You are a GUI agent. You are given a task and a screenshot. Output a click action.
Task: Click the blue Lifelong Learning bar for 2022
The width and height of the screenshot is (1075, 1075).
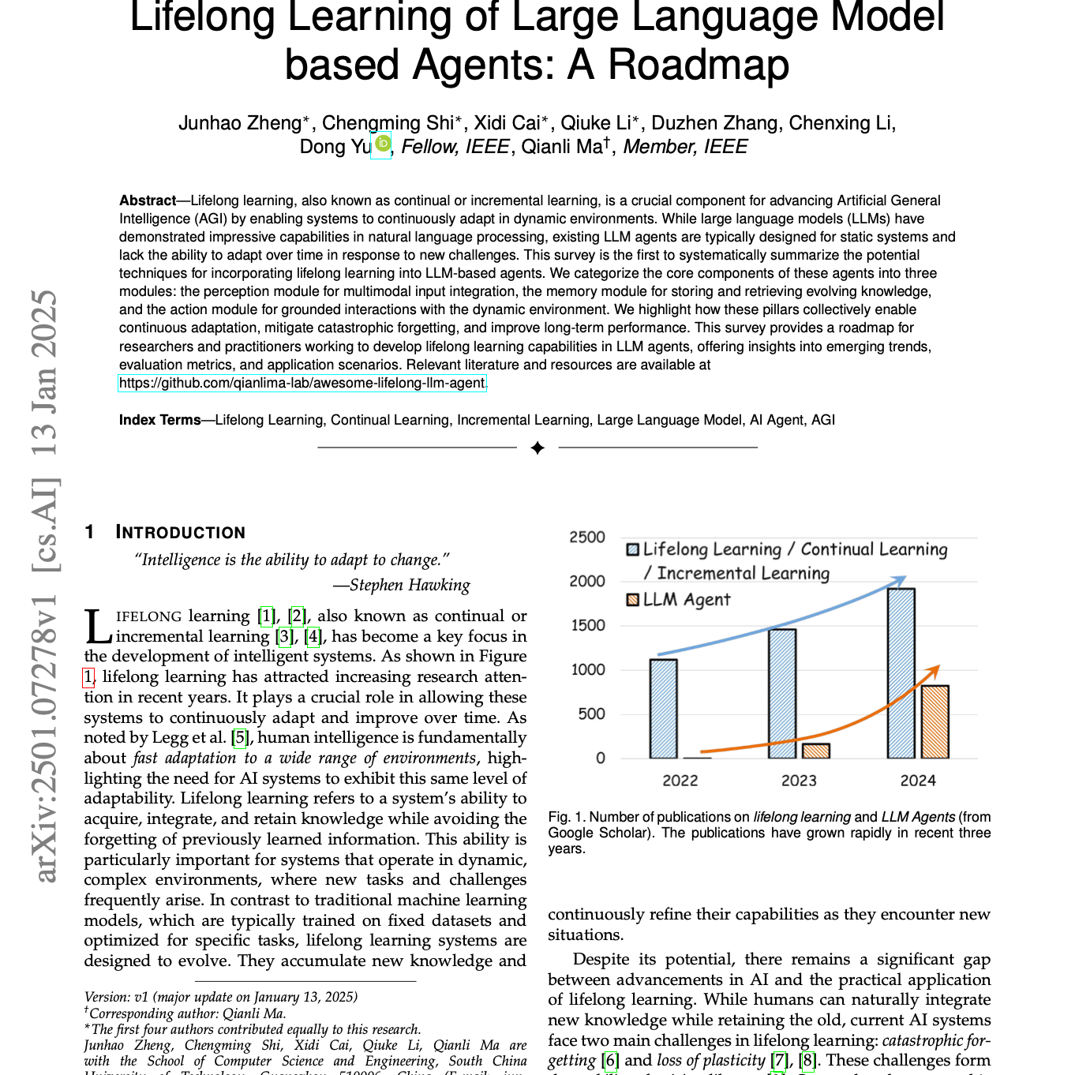click(663, 709)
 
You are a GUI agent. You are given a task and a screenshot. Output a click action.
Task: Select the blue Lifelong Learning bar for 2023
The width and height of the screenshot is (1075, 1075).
click(782, 694)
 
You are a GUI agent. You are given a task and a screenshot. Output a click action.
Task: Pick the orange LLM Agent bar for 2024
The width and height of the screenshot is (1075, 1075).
click(935, 722)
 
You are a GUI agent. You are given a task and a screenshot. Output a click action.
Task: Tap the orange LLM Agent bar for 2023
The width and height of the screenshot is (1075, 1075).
click(815, 751)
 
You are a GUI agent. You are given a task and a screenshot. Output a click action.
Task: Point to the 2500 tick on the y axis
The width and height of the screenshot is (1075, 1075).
click(587, 537)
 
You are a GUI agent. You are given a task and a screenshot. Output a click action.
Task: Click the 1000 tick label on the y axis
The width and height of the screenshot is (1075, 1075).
click(587, 670)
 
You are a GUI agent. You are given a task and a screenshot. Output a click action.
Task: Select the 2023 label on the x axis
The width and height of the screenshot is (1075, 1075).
click(799, 781)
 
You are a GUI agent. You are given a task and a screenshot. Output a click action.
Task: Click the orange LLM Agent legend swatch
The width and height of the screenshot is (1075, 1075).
click(632, 600)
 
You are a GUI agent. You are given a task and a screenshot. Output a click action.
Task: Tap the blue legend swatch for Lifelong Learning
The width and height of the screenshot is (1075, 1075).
click(632, 549)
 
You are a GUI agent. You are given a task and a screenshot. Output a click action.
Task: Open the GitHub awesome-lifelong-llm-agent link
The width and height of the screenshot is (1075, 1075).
click(302, 384)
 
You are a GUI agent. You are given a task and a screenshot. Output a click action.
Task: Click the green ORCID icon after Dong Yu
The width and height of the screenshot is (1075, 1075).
click(382, 144)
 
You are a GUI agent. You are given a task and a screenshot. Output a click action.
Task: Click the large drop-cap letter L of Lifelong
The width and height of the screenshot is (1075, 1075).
click(98, 627)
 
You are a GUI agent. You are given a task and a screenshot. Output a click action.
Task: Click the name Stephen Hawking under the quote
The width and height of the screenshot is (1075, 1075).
click(410, 585)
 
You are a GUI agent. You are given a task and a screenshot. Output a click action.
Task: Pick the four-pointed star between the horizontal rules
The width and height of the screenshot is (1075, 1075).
click(537, 448)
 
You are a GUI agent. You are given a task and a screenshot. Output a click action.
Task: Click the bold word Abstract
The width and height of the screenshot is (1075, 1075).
click(148, 200)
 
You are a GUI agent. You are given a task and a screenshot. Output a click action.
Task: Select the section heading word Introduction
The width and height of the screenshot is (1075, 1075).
click(181, 532)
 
